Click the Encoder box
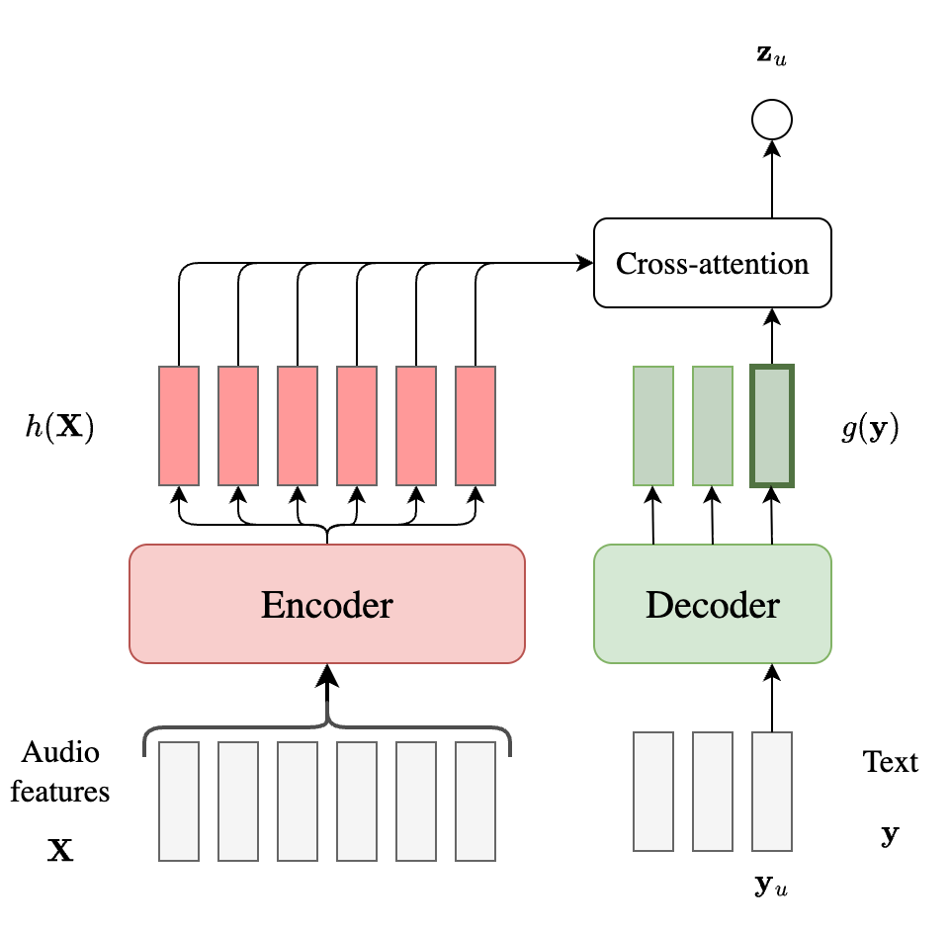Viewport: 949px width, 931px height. click(x=326, y=604)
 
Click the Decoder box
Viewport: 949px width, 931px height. click(x=712, y=604)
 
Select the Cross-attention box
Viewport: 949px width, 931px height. click(x=712, y=263)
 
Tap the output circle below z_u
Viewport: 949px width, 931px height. click(x=771, y=121)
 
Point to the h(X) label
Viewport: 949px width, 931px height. click(x=58, y=429)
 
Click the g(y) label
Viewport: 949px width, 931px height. click(x=870, y=429)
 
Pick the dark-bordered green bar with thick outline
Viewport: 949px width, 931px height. click(x=772, y=426)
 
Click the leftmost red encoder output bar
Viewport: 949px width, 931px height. click(x=179, y=426)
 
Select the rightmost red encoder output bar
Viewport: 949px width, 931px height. click(x=475, y=426)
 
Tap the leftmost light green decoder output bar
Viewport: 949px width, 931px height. click(x=653, y=426)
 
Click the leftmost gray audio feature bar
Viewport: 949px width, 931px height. click(x=179, y=801)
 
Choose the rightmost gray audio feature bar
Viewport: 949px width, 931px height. click(x=475, y=801)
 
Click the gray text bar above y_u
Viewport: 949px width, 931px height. click(x=772, y=791)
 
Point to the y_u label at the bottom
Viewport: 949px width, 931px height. click(x=771, y=886)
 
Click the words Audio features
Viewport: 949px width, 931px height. click(x=60, y=771)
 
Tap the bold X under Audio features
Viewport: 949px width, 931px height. click(x=60, y=850)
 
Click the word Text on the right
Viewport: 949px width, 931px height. click(x=890, y=762)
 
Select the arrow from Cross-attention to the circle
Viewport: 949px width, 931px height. click(x=772, y=178)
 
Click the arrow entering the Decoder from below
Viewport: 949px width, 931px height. click(x=772, y=697)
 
